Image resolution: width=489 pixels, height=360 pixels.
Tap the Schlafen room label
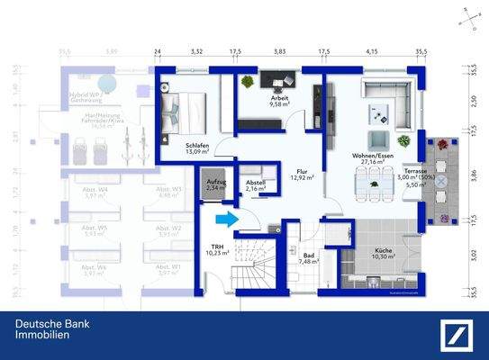197,147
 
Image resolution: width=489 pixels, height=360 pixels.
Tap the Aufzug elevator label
216,184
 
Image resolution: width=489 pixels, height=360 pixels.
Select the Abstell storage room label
256,185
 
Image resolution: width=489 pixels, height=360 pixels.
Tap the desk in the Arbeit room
277,81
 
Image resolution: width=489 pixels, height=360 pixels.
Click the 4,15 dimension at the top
371,53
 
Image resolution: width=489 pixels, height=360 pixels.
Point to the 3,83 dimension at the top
279,53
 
